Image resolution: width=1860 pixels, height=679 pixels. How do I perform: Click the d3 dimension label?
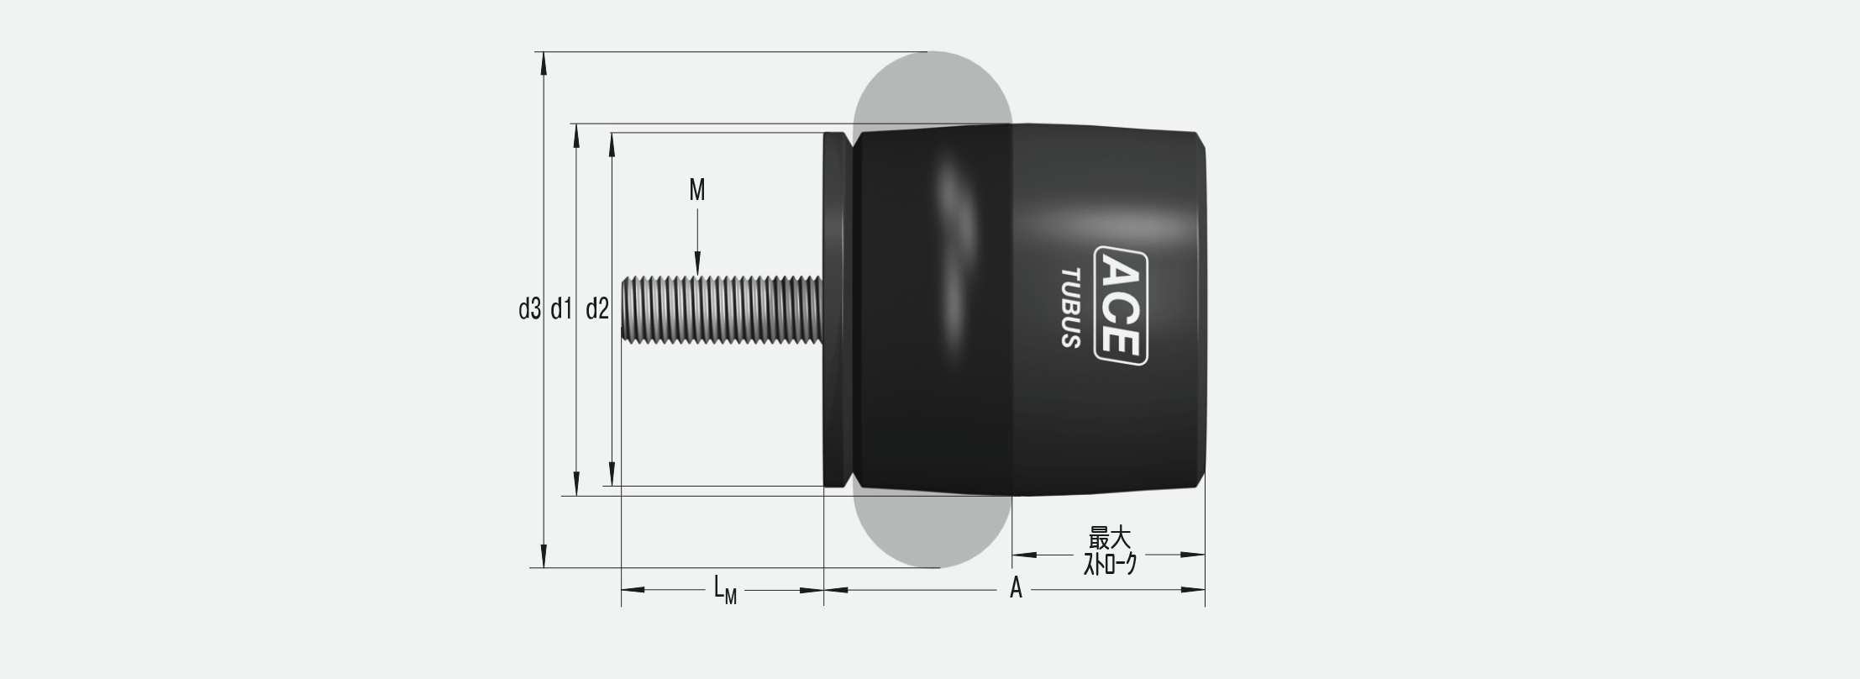(529, 310)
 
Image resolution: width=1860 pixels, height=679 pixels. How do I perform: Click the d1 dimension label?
(561, 310)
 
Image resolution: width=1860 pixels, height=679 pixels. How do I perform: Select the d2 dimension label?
(596, 310)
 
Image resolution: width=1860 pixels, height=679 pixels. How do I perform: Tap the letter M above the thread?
(697, 191)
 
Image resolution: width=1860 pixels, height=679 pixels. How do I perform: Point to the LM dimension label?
(725, 590)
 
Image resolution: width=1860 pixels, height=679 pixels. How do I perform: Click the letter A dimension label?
(1016, 588)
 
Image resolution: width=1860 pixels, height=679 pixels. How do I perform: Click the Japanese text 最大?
(1110, 538)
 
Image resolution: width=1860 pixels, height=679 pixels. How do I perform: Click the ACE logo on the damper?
(1121, 306)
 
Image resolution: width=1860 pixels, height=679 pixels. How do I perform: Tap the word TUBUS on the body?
(1070, 308)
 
